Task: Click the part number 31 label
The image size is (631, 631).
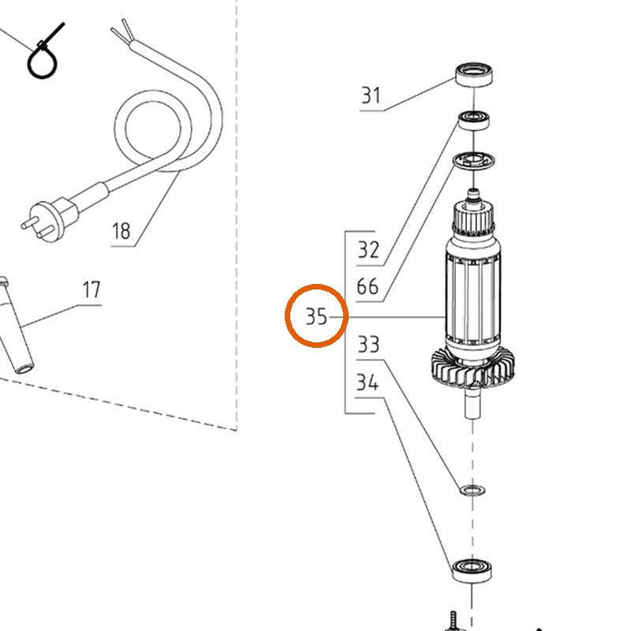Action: tap(371, 95)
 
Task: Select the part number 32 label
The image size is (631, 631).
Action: tap(368, 250)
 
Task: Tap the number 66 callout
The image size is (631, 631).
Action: tap(368, 286)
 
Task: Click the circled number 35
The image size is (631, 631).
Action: tap(316, 316)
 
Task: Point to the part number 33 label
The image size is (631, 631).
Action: tap(368, 345)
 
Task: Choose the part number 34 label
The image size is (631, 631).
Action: tap(368, 382)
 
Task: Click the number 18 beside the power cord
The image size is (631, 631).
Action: tap(121, 231)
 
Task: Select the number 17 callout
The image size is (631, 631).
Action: tap(91, 289)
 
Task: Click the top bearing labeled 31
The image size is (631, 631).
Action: tap(475, 73)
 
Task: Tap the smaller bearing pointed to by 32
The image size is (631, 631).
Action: tap(475, 120)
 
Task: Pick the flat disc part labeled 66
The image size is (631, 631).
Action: tap(474, 161)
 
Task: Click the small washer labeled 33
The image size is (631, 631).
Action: tap(472, 490)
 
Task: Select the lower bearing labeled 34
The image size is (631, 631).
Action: tap(472, 570)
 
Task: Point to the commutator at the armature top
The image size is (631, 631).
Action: tap(473, 219)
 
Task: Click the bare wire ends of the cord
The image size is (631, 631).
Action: tap(122, 32)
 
